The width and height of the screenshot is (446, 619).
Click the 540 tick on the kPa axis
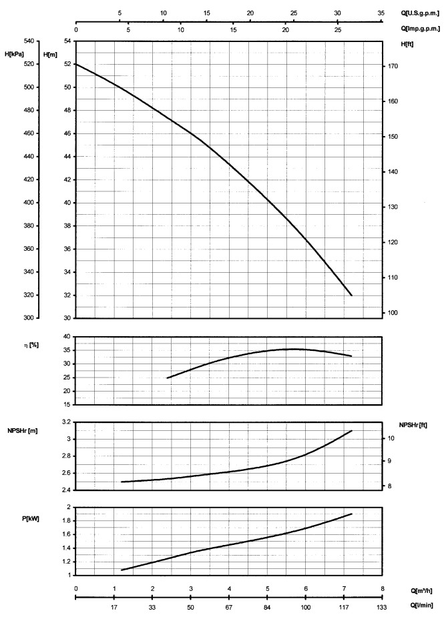coord(29,41)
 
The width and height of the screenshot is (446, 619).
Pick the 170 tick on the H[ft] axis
coord(393,67)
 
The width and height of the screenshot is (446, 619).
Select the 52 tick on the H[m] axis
coord(66,64)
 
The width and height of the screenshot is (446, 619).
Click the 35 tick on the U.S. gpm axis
coord(381,13)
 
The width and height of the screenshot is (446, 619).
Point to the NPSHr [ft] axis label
coord(414,425)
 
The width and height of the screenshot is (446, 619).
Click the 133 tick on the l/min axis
coord(382,608)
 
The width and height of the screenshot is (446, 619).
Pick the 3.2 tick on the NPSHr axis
coord(65,422)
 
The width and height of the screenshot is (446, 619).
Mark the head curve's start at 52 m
coord(76,64)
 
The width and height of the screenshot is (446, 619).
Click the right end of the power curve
coord(351,514)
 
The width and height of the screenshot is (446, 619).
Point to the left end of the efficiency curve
coord(167,378)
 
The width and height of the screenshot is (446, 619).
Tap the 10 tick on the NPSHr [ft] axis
coord(392,439)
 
